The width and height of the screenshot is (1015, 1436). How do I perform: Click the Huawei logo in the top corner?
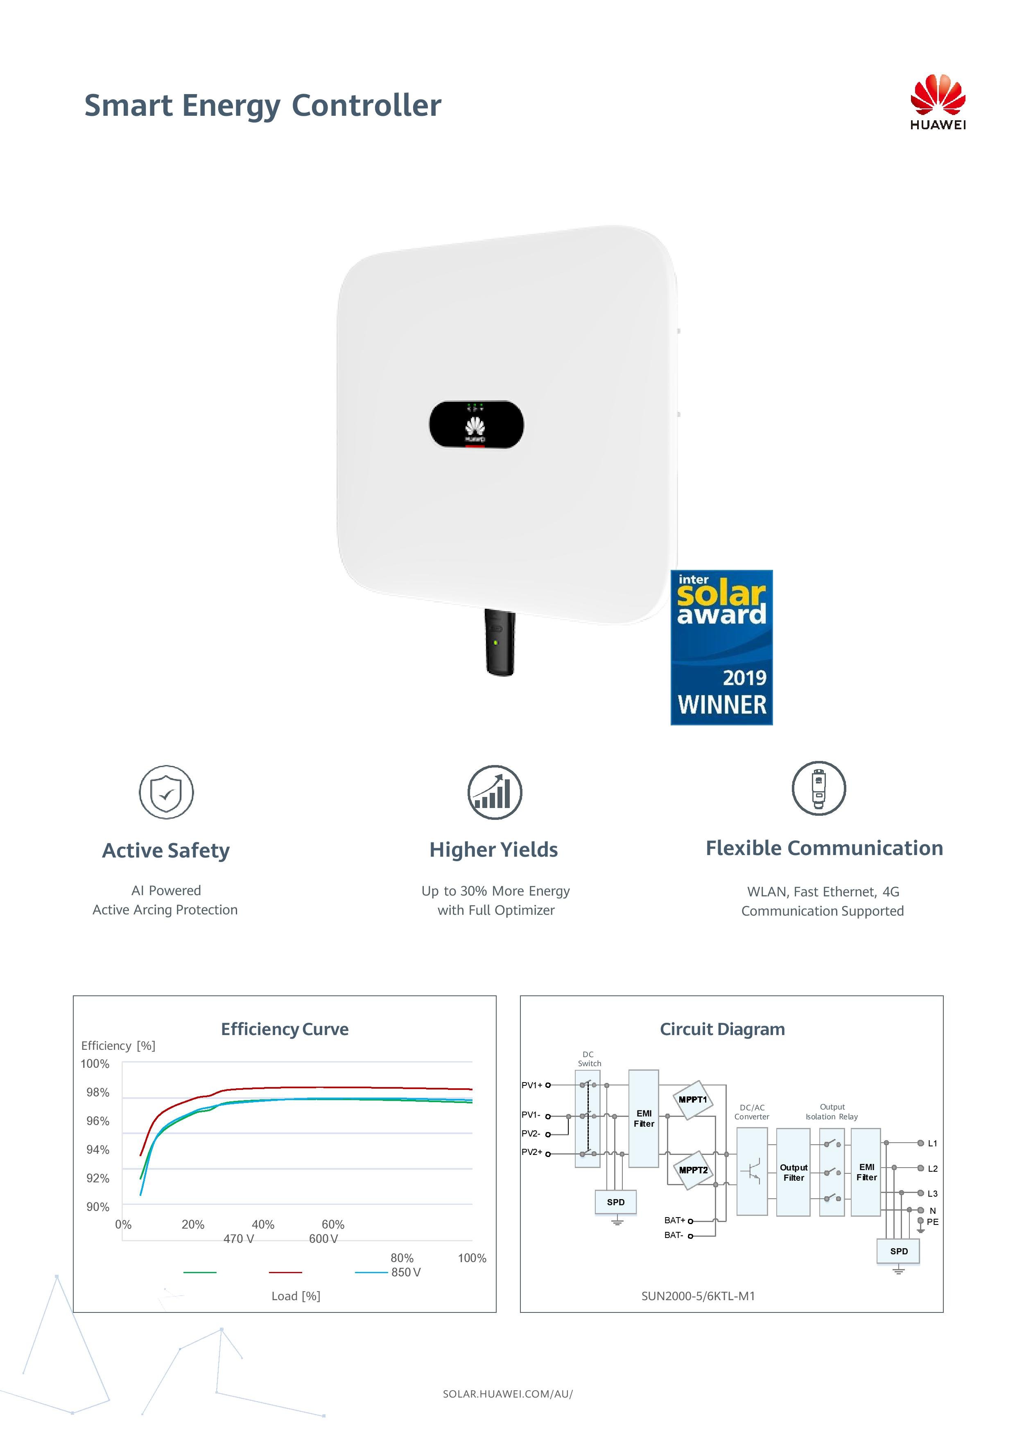click(x=937, y=101)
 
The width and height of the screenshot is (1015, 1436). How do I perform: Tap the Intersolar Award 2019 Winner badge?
click(x=721, y=647)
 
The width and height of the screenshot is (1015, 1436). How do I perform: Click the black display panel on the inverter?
click(x=476, y=424)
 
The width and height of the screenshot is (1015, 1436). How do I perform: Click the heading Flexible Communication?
click(x=824, y=848)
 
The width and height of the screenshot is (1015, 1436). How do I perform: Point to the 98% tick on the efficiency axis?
click(x=97, y=1092)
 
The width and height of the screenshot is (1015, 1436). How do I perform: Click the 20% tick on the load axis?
click(x=193, y=1224)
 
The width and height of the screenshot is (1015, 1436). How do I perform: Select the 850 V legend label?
click(x=406, y=1272)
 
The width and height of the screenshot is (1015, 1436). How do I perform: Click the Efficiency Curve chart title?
click(x=285, y=1029)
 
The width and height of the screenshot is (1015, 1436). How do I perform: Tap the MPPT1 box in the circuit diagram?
click(x=693, y=1100)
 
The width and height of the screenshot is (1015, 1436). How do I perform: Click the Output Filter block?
click(x=793, y=1172)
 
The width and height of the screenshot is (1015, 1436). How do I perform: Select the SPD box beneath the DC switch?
click(x=616, y=1202)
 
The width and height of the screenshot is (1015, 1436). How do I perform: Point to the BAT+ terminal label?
click(x=675, y=1220)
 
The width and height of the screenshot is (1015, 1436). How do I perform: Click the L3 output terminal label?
click(x=932, y=1193)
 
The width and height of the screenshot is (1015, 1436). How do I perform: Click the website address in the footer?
click(x=508, y=1393)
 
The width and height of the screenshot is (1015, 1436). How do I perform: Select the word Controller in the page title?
click(x=367, y=105)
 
